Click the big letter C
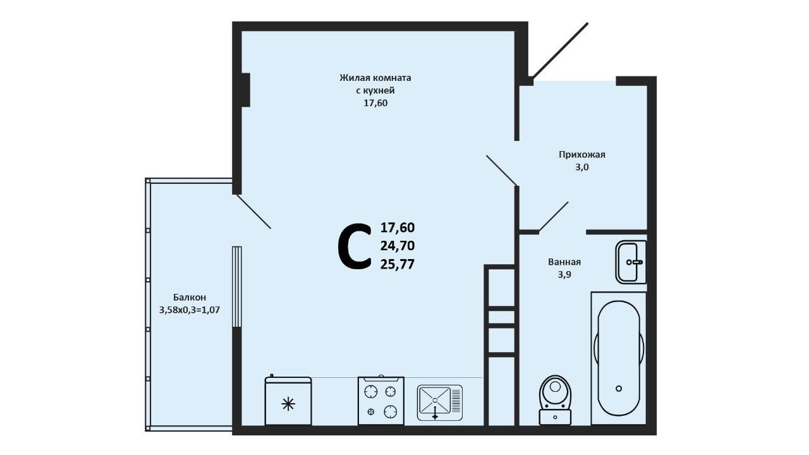(x=355, y=246)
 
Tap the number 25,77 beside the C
(x=398, y=265)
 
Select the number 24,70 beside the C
(x=398, y=246)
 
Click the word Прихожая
(x=582, y=155)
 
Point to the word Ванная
(x=564, y=262)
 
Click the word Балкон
(x=190, y=297)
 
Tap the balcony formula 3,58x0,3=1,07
(x=190, y=310)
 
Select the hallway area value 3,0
(x=582, y=167)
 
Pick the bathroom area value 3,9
(x=564, y=274)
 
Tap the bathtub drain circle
(x=619, y=389)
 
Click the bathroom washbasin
(x=631, y=262)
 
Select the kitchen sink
(x=439, y=403)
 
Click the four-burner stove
(x=381, y=401)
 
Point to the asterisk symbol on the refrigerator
(x=288, y=404)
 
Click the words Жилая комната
(x=375, y=78)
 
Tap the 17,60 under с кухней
(x=375, y=103)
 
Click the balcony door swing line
(x=253, y=212)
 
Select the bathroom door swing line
(x=554, y=216)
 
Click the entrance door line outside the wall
(x=561, y=51)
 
